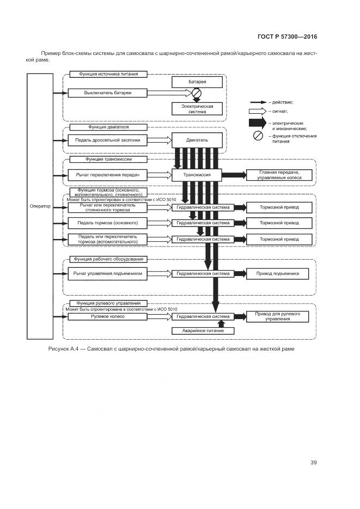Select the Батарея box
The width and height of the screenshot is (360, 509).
(x=197, y=82)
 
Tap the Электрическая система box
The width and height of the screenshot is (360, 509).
(x=197, y=108)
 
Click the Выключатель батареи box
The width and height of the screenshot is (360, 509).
(x=108, y=93)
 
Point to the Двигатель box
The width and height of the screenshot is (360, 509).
(x=197, y=140)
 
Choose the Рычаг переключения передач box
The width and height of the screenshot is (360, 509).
(x=108, y=175)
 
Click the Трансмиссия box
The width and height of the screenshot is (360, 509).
(x=197, y=175)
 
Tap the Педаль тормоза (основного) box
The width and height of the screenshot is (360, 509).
(x=108, y=223)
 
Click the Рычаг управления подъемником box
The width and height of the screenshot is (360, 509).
(x=108, y=274)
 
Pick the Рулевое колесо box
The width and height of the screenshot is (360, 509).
(x=108, y=316)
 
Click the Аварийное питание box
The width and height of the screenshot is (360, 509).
(x=197, y=330)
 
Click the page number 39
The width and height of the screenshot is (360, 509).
(x=314, y=463)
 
